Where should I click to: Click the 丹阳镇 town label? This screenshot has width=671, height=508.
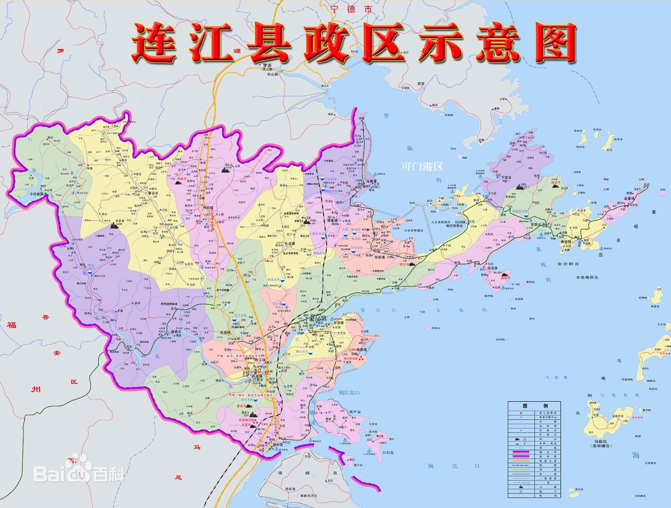point(209,208)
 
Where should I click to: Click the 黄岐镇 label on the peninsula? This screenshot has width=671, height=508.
point(567,241)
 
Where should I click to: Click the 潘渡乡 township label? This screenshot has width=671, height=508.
point(176,332)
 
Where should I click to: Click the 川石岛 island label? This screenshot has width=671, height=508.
point(388,453)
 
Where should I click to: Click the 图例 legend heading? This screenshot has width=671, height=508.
point(534,406)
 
